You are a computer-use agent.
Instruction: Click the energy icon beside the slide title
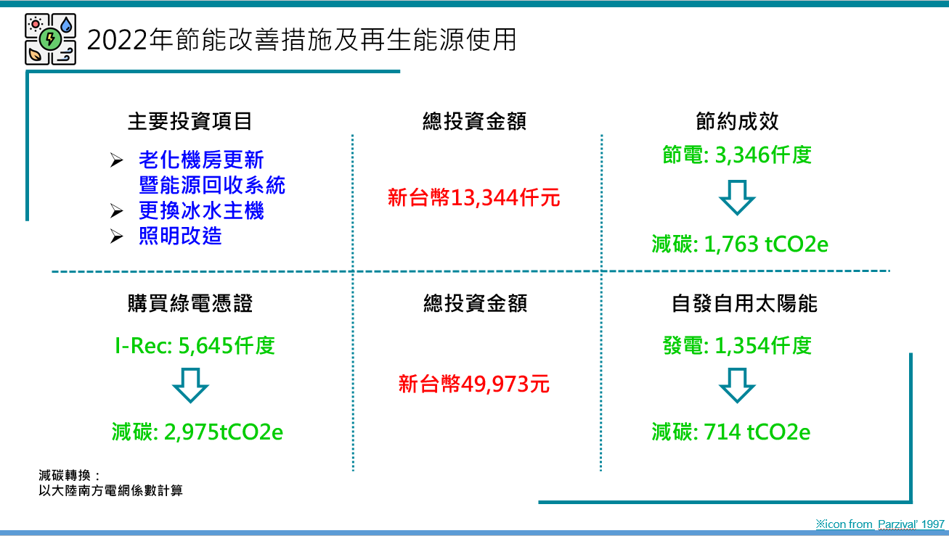tap(50, 39)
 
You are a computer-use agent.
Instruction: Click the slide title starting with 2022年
tap(301, 40)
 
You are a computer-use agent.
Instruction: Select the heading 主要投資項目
tap(190, 121)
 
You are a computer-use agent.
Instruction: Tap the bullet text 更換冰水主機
tap(201, 210)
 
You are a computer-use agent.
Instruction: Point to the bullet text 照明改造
tap(180, 236)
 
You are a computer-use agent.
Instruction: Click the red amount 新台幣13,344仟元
tap(473, 197)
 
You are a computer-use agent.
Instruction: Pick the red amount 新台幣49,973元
tap(473, 384)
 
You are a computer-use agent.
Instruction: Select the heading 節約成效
tap(737, 121)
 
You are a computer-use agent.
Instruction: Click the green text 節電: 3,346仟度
tap(737, 154)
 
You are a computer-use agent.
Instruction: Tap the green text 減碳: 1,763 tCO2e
tap(740, 244)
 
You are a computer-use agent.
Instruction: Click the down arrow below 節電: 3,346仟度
tap(737, 197)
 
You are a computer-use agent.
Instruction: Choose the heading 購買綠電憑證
tap(190, 303)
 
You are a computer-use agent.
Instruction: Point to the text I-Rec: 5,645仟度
tap(195, 346)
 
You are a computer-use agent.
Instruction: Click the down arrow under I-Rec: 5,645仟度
tap(190, 385)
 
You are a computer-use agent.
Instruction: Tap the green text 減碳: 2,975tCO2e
tap(197, 432)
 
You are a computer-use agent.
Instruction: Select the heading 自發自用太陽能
tap(744, 303)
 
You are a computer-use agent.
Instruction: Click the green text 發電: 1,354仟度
tap(737, 346)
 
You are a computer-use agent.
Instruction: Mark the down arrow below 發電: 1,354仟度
tap(737, 385)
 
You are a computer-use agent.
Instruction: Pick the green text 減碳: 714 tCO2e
tap(731, 432)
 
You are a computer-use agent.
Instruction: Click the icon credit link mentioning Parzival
tap(880, 524)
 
